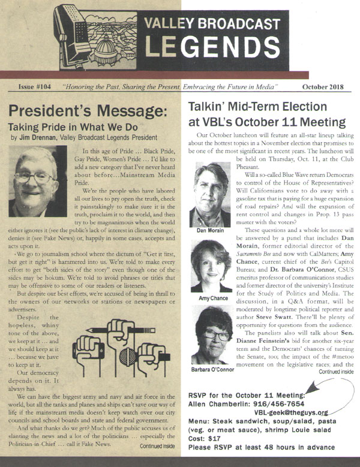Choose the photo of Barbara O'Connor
click(x=211, y=336)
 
